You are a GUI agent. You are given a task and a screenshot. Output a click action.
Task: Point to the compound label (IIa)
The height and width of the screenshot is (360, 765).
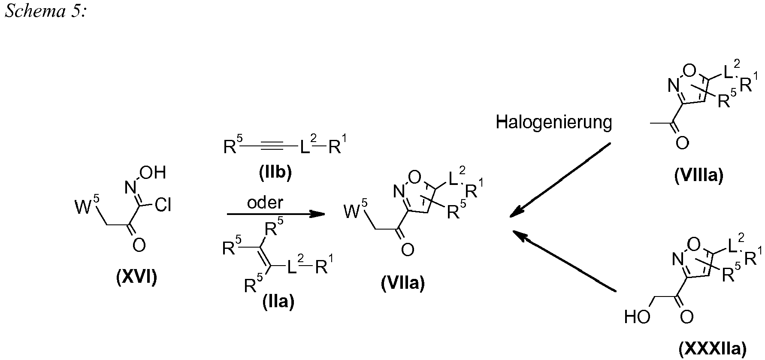pos(278,302)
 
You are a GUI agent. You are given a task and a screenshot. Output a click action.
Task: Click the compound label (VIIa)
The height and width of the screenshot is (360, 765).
pos(403,284)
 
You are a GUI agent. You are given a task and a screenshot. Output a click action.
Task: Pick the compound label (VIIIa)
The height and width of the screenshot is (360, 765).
pos(699,175)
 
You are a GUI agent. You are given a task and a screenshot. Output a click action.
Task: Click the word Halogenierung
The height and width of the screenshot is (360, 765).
pos(554,123)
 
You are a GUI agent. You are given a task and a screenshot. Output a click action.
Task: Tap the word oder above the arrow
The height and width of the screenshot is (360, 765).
pos(265,203)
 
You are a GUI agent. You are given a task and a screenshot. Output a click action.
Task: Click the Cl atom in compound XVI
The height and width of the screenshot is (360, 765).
pos(163,206)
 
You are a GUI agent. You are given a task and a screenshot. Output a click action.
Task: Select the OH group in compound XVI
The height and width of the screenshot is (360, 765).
pos(153,172)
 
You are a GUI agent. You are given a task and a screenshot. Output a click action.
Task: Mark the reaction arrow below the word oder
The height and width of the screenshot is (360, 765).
pos(276,214)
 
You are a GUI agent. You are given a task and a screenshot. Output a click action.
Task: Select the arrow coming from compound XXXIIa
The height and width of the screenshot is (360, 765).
pos(565,262)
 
